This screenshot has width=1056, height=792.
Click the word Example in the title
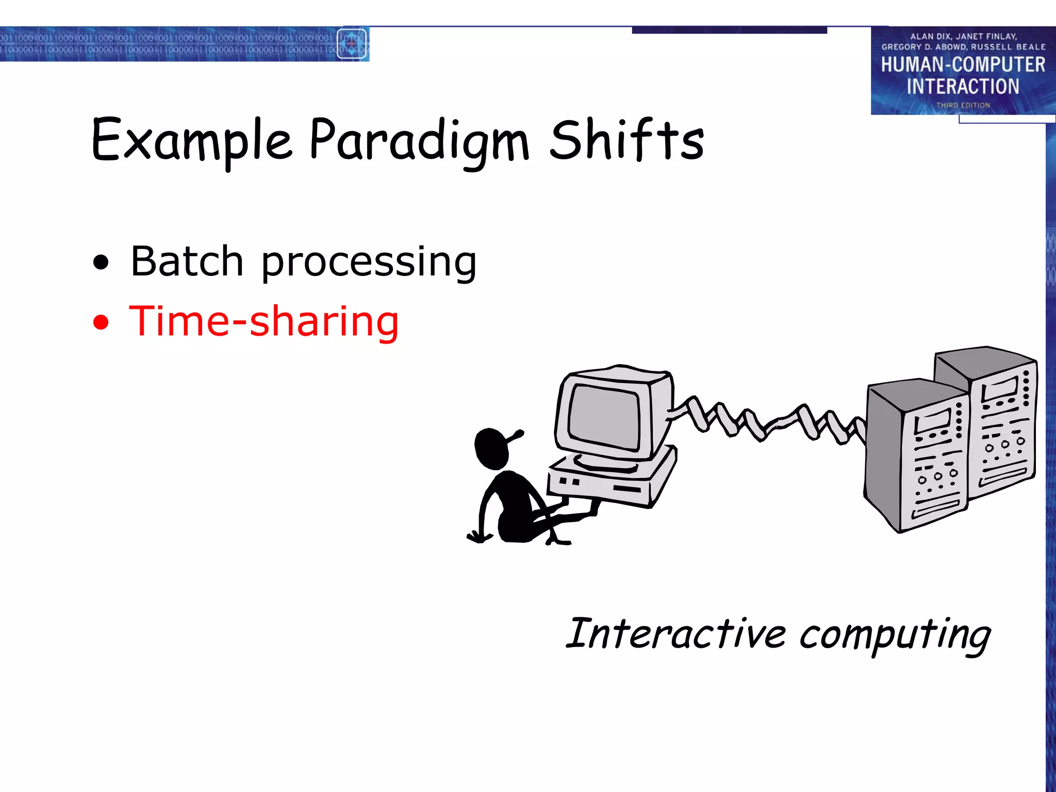(192, 140)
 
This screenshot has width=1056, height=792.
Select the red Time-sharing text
(264, 321)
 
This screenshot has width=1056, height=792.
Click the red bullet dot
(101, 322)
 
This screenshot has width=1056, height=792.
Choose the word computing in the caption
(895, 635)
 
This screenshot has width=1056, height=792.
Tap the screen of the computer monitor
(604, 417)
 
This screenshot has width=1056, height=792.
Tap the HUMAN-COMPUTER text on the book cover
(963, 64)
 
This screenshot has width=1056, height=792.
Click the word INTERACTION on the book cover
(963, 86)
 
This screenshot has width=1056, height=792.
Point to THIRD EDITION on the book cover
(963, 105)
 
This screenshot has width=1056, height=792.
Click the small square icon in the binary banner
(352, 44)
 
